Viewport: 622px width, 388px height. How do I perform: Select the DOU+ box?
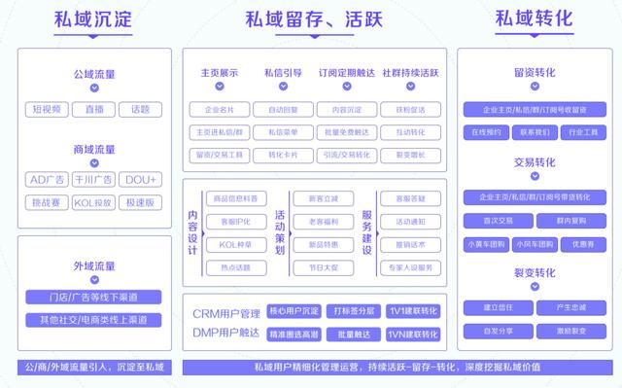(x=141, y=180)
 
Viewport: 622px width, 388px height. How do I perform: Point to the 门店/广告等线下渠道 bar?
(x=94, y=296)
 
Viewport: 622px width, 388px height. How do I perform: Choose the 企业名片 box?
(x=219, y=110)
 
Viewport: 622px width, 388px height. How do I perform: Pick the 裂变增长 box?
(x=409, y=155)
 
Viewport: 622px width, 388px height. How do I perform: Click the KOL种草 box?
(x=234, y=246)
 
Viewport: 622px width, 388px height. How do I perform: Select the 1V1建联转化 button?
(x=412, y=312)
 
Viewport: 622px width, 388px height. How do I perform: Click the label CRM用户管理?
(x=225, y=312)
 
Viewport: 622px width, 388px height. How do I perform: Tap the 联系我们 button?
(x=534, y=130)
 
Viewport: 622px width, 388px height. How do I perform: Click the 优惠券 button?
(x=584, y=244)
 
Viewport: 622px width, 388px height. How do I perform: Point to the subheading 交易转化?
(x=534, y=162)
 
